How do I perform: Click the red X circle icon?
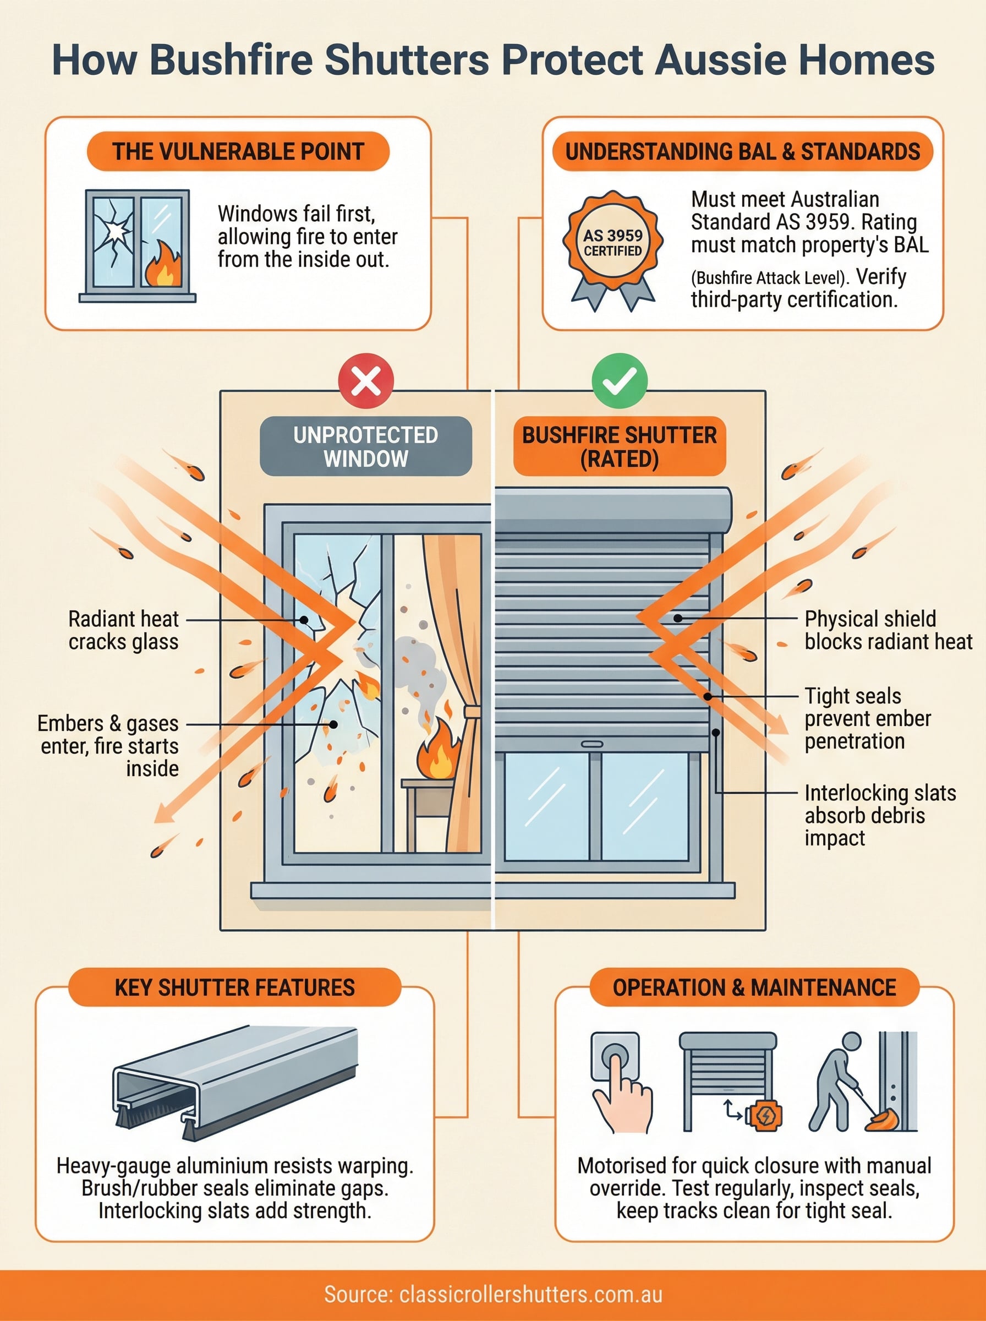click(366, 381)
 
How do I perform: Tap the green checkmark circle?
click(619, 381)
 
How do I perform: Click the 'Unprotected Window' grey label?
click(366, 446)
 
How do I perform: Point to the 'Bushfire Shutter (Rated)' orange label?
click(619, 446)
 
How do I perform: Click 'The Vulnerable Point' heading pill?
click(238, 151)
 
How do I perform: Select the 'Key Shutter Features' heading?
click(234, 987)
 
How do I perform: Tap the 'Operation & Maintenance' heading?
click(754, 987)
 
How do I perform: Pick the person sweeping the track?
click(839, 1082)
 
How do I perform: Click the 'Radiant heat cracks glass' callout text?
click(124, 630)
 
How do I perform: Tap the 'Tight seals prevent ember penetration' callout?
click(867, 719)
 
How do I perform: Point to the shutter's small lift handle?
click(591, 744)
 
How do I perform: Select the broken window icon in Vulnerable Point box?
click(137, 244)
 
